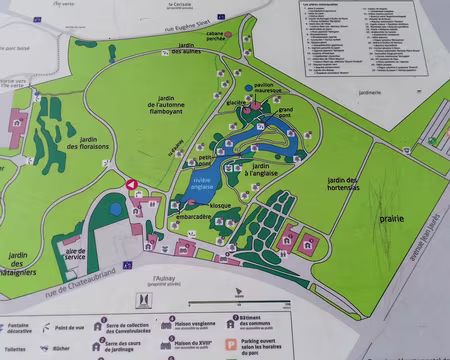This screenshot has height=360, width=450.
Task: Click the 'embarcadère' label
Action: pos(193,216)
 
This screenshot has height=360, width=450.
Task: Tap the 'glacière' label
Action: pos(235,102)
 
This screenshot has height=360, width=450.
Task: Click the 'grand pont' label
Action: pos(285,113)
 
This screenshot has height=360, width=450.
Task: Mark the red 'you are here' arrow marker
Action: pos(132,183)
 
